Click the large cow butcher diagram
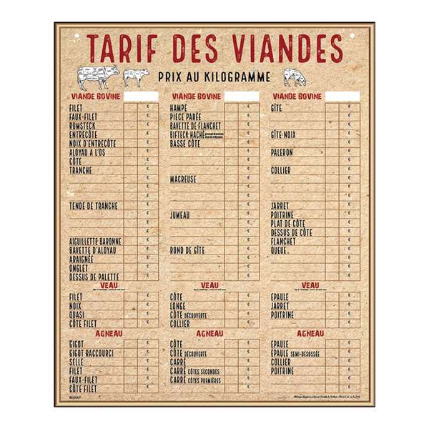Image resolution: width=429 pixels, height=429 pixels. [x=98, y=75]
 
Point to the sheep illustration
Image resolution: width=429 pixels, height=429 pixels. [x=294, y=76]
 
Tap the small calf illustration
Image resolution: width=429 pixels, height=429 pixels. [x=136, y=76]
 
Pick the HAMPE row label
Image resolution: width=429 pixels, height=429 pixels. [x=179, y=107]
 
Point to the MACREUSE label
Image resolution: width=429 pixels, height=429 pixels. [x=183, y=179]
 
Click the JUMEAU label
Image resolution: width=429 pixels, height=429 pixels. [x=180, y=214]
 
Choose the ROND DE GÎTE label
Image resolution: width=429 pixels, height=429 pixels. [x=187, y=250]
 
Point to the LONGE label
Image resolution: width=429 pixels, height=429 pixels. [x=178, y=305]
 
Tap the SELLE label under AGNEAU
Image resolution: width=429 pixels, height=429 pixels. [x=77, y=362]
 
